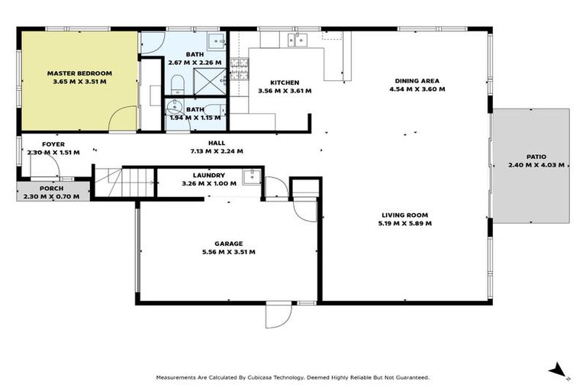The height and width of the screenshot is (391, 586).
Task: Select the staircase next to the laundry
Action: [x=124, y=183]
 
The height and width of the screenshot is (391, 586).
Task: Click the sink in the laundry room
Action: [x=250, y=177]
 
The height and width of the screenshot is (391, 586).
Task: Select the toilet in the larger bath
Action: [x=176, y=82]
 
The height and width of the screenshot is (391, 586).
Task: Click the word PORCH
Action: [x=52, y=188]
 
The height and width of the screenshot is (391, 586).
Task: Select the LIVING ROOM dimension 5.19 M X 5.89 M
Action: [x=404, y=224]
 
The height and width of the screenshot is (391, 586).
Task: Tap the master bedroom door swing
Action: [x=122, y=118]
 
